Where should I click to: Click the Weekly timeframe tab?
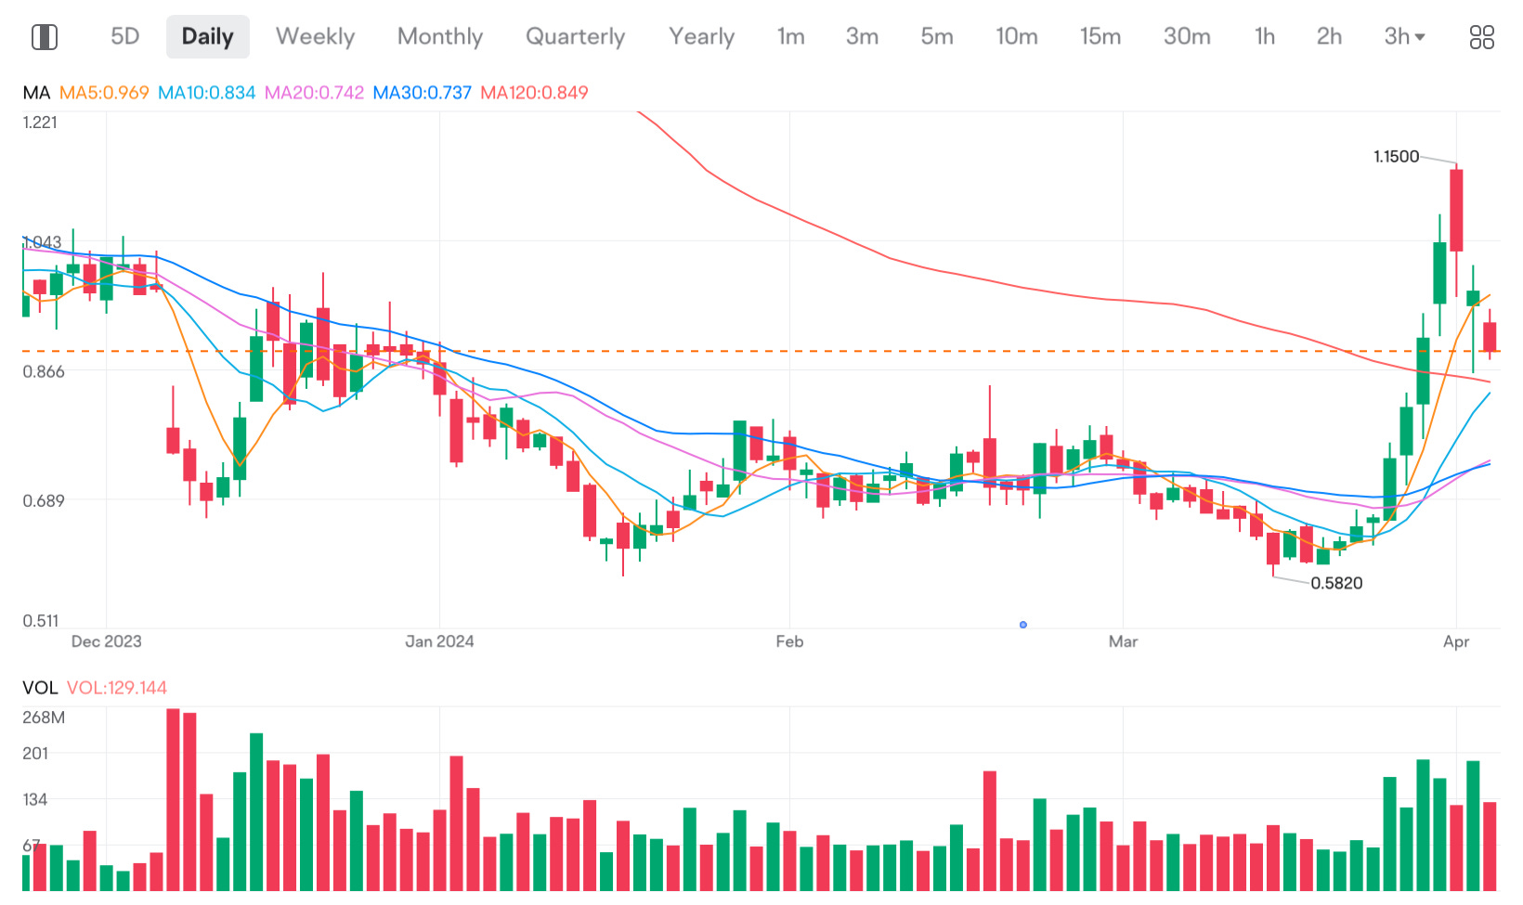point(315,36)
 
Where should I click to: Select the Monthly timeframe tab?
point(439,36)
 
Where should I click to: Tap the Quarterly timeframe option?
point(575,36)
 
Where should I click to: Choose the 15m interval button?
point(1100,36)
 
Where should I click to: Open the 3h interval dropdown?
point(1403,36)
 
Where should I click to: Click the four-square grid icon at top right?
point(1481,37)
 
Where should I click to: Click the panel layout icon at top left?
point(45,37)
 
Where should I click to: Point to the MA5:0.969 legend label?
point(104,93)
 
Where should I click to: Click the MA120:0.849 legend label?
point(534,93)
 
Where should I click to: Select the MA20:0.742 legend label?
point(314,93)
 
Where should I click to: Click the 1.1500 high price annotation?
point(1396,157)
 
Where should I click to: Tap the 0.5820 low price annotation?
point(1336,583)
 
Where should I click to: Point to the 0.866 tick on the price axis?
point(44,372)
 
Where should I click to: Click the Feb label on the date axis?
point(789,641)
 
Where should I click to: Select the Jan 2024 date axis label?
point(439,641)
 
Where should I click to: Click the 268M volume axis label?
point(44,718)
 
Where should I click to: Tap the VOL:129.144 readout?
point(117,688)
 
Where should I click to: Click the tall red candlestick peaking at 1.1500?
point(1456,210)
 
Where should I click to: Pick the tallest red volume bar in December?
point(173,798)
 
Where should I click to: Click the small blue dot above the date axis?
point(1023,625)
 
